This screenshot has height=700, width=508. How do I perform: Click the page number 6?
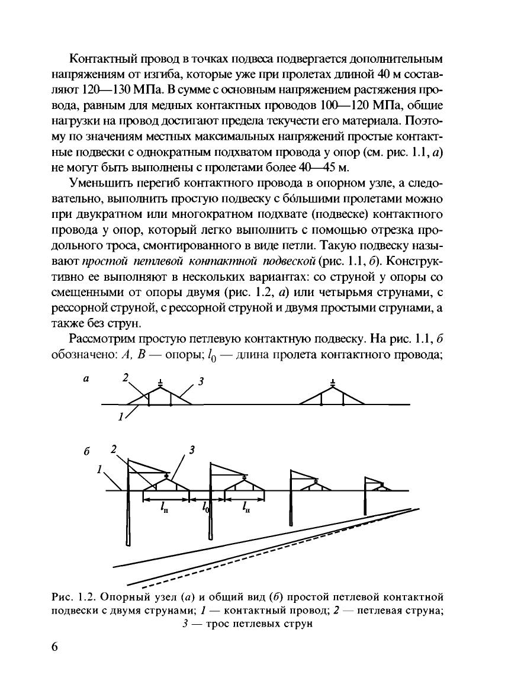(54, 647)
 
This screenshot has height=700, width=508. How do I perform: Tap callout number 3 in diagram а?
(201, 382)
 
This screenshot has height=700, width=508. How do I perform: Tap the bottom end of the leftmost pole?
(128, 542)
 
